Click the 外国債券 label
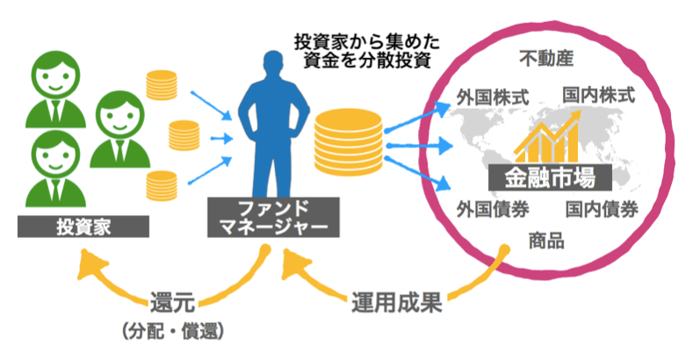coord(493,211)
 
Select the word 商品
coord(545,241)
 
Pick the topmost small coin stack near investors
coord(161,86)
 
